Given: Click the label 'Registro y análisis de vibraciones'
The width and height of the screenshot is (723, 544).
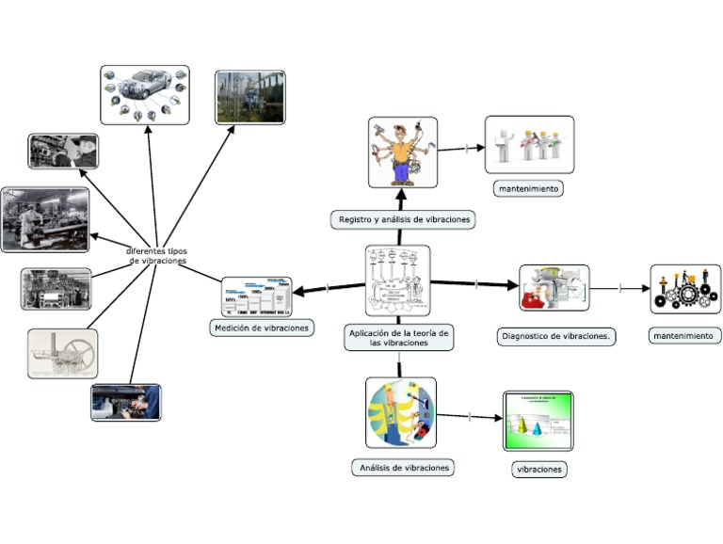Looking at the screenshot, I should coord(403,219).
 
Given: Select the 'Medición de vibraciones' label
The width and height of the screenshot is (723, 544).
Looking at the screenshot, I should coord(260,328).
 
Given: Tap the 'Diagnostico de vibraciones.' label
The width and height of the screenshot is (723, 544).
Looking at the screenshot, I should coord(555,336).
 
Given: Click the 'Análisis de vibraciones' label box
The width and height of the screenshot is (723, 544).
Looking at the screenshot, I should coord(403,467).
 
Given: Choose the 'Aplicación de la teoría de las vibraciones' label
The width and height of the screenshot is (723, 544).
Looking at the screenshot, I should coord(398,338).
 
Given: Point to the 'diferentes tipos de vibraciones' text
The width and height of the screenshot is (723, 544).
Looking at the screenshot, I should coord(157,256).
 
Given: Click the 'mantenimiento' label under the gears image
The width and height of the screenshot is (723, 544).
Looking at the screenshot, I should coord(685,335).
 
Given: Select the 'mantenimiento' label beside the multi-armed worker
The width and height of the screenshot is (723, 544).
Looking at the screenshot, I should coord(528,188).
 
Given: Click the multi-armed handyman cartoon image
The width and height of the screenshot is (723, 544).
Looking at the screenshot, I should coord(402,152).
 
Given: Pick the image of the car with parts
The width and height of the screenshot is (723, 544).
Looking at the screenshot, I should coord(145,94).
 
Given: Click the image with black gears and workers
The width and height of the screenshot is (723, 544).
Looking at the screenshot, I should coord(685,289).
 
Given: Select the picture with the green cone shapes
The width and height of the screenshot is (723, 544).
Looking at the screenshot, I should coord(538,421).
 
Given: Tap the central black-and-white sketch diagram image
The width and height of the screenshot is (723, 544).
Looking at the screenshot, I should coord(397,280).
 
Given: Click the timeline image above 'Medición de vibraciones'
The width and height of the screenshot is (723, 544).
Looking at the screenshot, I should coord(256,296).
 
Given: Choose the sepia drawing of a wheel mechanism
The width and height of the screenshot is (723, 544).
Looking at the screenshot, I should coord(62,354).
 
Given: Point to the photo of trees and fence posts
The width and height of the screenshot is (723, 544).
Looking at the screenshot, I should coord(249,97).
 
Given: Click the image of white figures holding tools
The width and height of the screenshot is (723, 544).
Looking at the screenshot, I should coord(529,145).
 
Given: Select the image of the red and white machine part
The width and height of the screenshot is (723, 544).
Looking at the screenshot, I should coord(554,288).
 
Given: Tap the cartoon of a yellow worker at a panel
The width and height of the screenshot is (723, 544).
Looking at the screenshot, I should coord(401,413).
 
